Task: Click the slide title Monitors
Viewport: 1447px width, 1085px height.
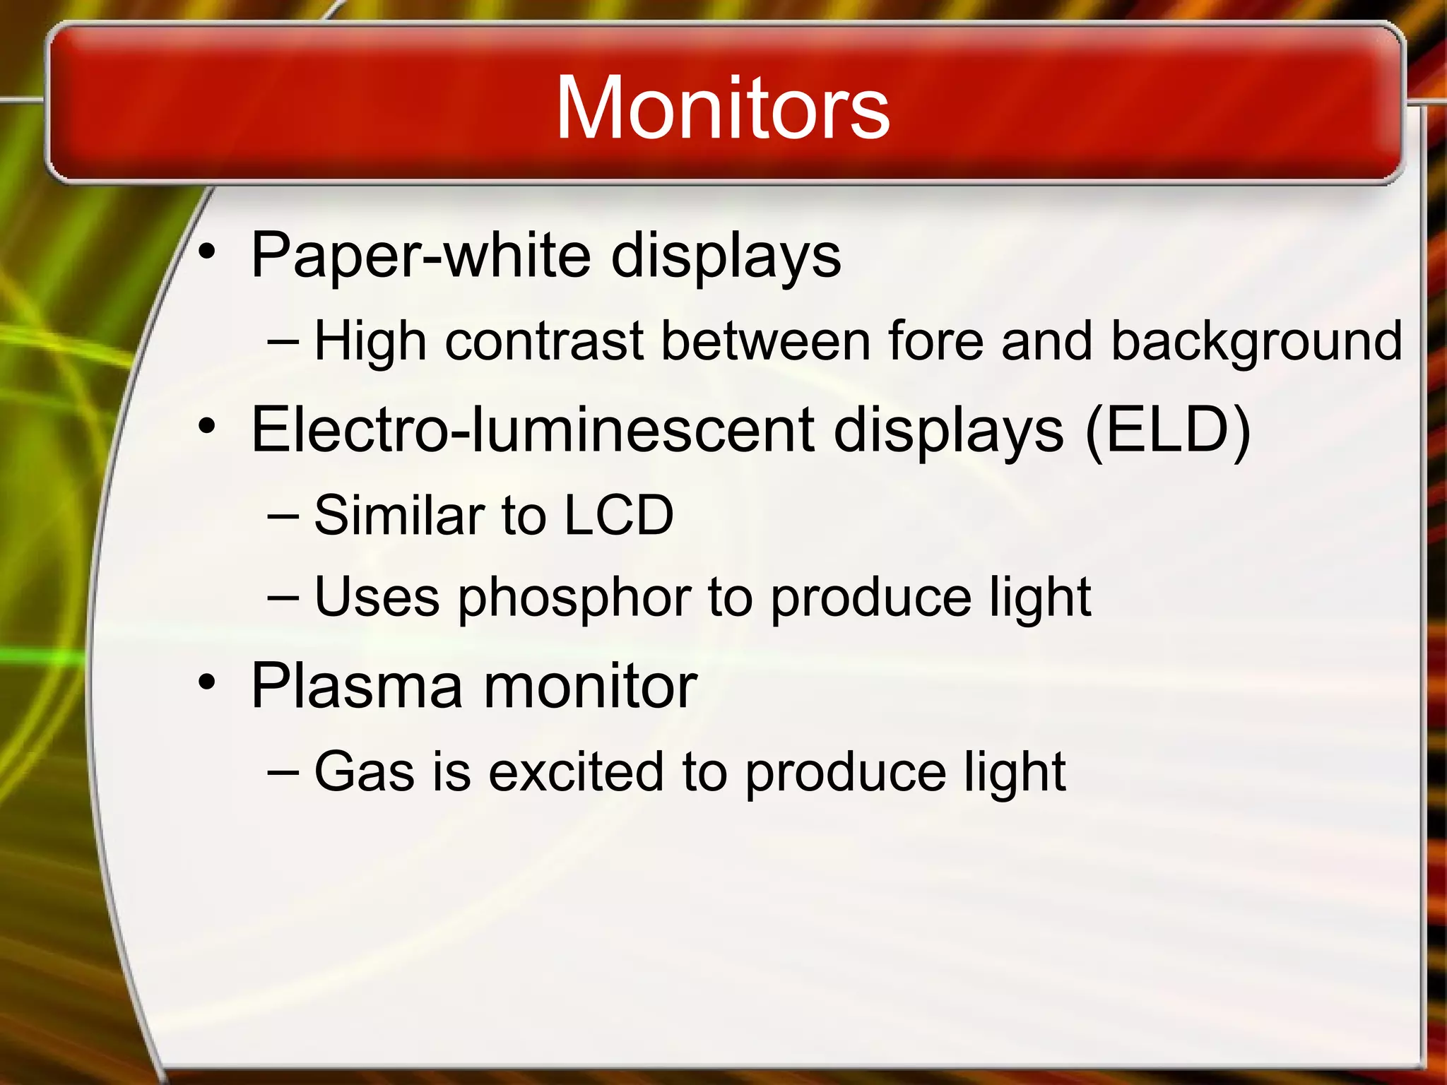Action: (x=722, y=109)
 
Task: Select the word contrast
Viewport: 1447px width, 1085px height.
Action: (x=545, y=342)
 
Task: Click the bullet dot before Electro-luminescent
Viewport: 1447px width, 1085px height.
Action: (x=206, y=426)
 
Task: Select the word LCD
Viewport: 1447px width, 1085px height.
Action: (x=619, y=515)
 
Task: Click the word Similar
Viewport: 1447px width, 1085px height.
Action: (x=400, y=515)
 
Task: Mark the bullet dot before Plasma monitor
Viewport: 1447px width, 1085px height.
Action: (x=206, y=682)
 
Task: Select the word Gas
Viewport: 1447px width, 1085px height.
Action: (x=365, y=771)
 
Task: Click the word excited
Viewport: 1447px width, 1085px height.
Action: (x=576, y=771)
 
